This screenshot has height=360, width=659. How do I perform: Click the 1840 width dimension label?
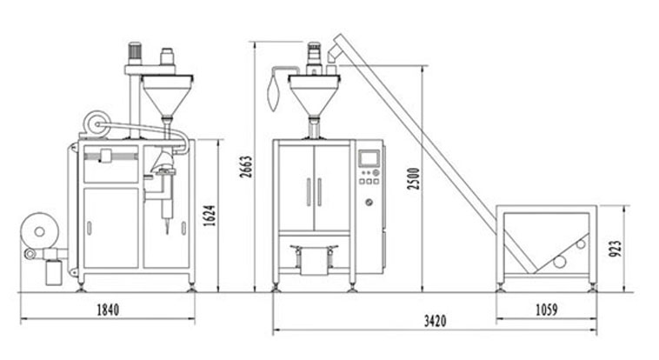108,310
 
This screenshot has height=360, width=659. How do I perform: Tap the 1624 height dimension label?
210,216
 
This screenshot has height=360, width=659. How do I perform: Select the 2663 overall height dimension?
246,167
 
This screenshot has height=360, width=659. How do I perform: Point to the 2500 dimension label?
414,178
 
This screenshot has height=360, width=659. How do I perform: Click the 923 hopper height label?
615,249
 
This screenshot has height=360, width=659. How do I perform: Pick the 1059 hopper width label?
546,310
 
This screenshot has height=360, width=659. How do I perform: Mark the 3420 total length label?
435,322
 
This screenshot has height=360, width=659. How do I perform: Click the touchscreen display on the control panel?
369,158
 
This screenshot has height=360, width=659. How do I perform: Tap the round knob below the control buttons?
369,202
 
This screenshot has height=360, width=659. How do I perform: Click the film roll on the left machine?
39,231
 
